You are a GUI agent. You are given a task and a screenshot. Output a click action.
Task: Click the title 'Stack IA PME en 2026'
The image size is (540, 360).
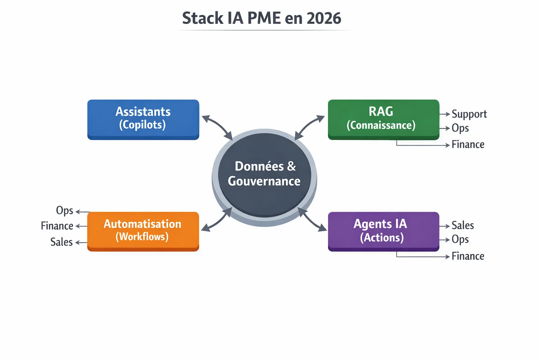pos(262,18)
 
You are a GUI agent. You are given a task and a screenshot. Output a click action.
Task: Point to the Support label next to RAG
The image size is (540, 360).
pos(469,114)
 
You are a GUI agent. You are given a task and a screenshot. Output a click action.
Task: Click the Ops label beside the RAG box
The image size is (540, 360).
pos(460,128)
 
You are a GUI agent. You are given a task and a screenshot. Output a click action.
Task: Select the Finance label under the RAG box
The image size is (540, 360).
pos(468,144)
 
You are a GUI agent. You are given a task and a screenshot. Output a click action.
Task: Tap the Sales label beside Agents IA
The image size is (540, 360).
pos(463,225)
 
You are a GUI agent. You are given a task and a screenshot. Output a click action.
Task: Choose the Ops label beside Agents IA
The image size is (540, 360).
pos(460,240)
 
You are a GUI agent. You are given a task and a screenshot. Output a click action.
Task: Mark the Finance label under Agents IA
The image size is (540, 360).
pos(468,256)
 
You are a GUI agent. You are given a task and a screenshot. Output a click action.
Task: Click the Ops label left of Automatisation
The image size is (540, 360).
pos(65,211)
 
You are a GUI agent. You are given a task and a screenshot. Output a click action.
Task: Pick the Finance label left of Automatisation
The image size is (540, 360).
pos(57,226)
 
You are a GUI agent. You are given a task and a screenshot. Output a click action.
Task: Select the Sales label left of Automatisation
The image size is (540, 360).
pos(62,242)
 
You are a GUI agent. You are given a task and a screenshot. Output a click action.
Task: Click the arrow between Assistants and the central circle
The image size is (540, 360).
pos(218,127)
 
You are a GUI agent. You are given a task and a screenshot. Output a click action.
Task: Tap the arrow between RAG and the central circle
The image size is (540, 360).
pos(309,127)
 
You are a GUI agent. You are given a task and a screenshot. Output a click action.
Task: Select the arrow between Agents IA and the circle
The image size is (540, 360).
pos(312,220)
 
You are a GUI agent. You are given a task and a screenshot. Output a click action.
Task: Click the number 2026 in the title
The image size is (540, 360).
pos(324,18)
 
